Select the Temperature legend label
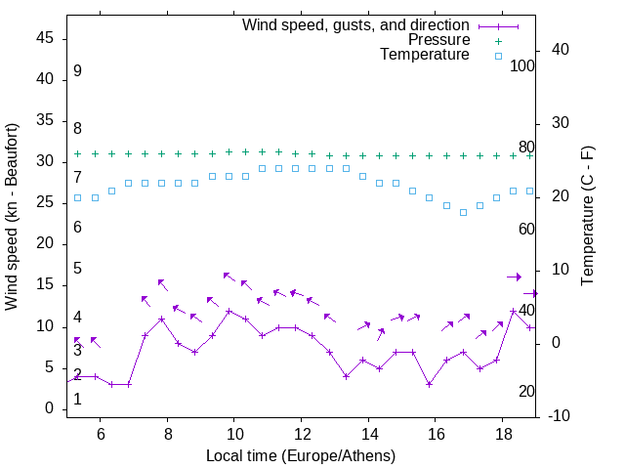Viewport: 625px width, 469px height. pyautogui.click(x=425, y=56)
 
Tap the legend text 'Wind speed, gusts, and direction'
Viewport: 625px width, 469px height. pyautogui.click(x=356, y=24)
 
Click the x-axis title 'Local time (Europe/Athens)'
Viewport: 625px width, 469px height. pyautogui.click(x=301, y=456)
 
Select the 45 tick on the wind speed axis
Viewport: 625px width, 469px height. pyautogui.click(x=44, y=38)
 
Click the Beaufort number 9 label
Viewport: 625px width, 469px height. pyautogui.click(x=77, y=71)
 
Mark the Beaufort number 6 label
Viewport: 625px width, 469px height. pyautogui.click(x=77, y=228)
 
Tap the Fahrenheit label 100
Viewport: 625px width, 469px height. pyautogui.click(x=523, y=65)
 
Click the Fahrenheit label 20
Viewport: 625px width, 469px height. pyautogui.click(x=526, y=391)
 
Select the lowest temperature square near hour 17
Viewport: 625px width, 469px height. pyautogui.click(x=463, y=212)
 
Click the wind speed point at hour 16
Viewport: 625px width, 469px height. pyautogui.click(x=430, y=384)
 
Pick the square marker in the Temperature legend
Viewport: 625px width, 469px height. pyautogui.click(x=497, y=56)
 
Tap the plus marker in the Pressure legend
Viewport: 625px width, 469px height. pyautogui.click(x=497, y=40)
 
